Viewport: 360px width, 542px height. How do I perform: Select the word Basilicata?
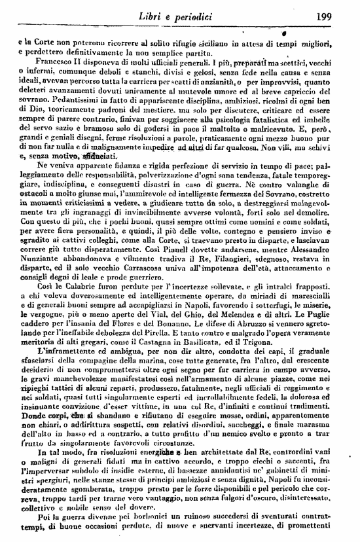coord(206,361)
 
